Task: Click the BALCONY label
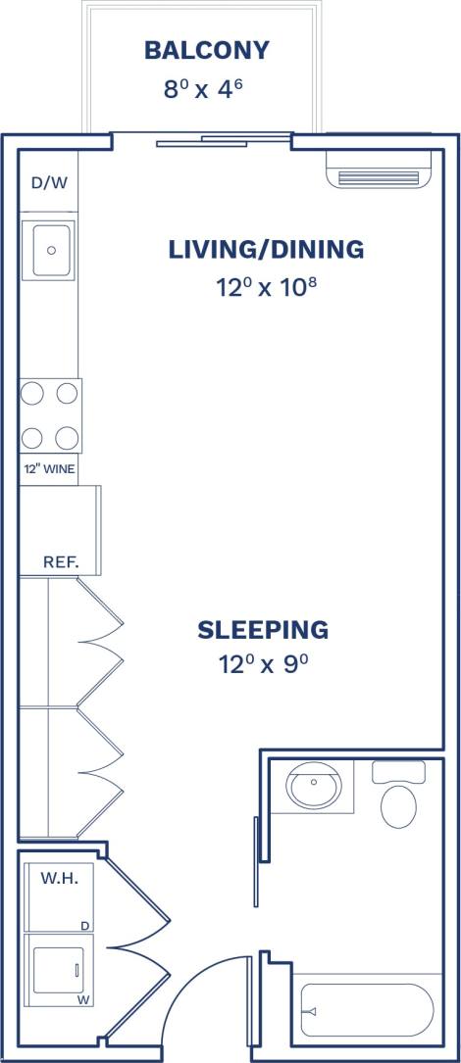click(206, 50)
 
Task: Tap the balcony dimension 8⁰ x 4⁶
click(202, 88)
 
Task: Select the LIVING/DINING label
click(266, 250)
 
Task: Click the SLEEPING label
click(263, 629)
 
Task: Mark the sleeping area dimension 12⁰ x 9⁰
click(263, 665)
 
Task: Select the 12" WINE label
click(49, 468)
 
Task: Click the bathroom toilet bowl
click(398, 803)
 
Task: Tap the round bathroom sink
click(313, 787)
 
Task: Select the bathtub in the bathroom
click(365, 1009)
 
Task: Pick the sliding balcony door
click(224, 141)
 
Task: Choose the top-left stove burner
click(32, 394)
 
